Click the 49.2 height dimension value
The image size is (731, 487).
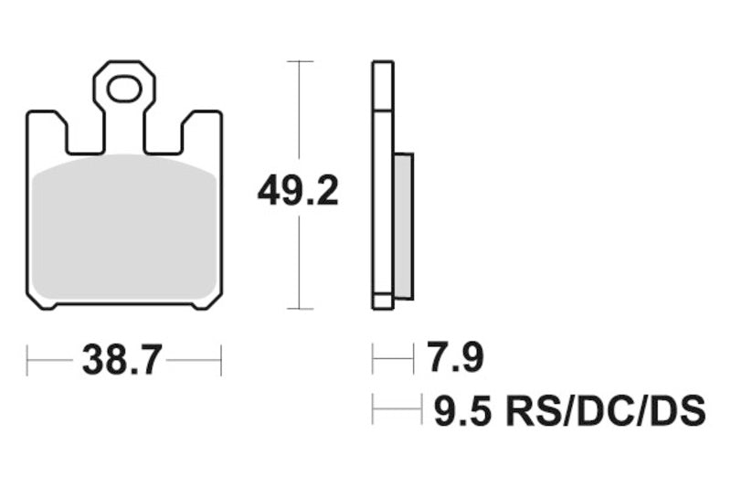click(x=298, y=191)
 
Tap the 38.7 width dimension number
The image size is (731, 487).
click(x=122, y=360)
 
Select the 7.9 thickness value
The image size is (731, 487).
click(x=455, y=357)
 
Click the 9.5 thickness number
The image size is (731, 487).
click(x=463, y=410)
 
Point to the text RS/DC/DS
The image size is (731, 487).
click(x=605, y=410)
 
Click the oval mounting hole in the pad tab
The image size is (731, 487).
click(x=124, y=89)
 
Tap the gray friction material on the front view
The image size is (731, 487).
click(x=125, y=227)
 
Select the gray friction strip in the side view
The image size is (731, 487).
click(x=404, y=227)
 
